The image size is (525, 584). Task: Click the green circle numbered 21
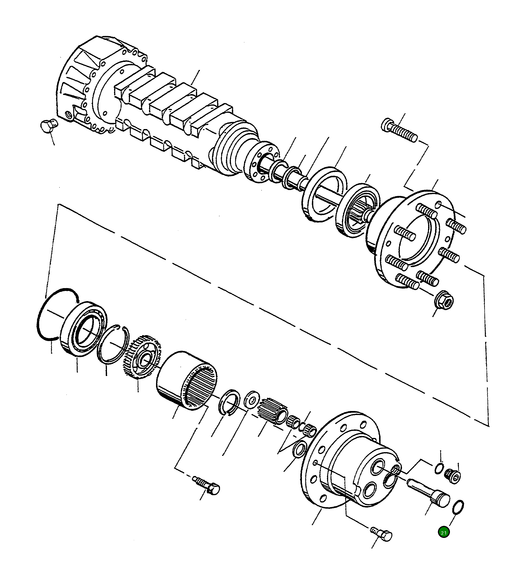pos(444,532)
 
